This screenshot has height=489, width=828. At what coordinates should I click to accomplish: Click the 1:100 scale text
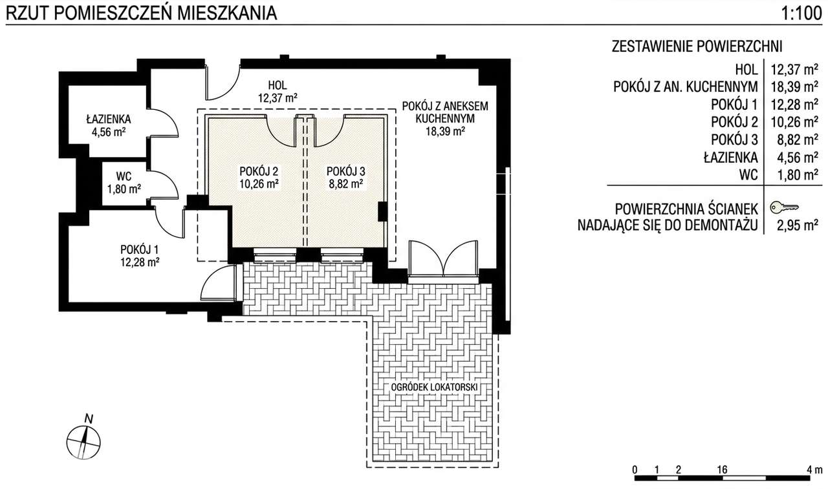(x=801, y=14)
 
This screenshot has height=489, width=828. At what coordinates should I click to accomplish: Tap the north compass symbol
(x=83, y=442)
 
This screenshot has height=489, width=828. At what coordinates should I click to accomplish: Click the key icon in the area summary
(x=784, y=207)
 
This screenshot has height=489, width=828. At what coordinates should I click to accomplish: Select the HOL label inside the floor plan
(x=278, y=85)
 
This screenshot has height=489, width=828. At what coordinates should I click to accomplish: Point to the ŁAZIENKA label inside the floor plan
(x=109, y=120)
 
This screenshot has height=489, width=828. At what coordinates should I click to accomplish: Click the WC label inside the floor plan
(x=124, y=176)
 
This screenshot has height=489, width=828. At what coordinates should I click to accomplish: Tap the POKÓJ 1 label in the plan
(x=139, y=249)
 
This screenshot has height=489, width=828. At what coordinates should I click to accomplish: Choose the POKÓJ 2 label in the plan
(x=259, y=171)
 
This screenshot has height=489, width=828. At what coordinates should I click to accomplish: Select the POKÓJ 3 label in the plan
(x=345, y=171)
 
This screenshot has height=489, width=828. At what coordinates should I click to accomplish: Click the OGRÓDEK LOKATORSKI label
(x=434, y=387)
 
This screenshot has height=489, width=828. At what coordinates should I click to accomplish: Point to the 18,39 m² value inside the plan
(x=445, y=131)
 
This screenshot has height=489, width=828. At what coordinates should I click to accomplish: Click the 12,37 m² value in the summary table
(x=794, y=69)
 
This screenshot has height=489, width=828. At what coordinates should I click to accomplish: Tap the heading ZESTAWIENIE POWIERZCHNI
(x=697, y=47)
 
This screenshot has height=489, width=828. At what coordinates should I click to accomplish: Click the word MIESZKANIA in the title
(x=226, y=14)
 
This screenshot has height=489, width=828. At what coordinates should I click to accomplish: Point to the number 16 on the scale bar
(x=722, y=470)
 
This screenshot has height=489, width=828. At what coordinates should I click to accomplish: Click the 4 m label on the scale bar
(x=814, y=470)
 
